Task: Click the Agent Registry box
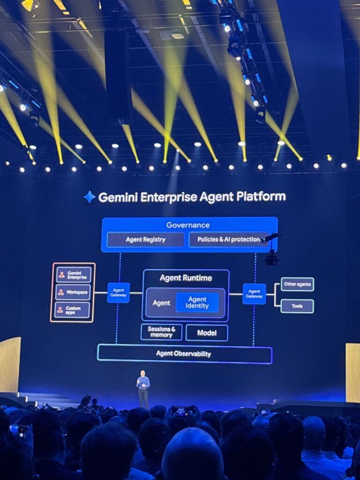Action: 145,240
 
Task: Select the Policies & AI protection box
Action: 228,240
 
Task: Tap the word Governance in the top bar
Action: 188,225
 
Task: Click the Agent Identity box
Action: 197,302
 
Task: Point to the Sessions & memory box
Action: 161,332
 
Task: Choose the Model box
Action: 207,333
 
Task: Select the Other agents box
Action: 297,284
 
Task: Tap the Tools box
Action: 297,306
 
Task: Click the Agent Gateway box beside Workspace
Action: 119,293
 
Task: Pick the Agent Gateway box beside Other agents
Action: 254,293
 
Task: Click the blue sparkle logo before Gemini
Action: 89,197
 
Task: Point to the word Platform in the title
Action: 263,197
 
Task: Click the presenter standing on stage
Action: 143,388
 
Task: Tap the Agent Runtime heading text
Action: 186,278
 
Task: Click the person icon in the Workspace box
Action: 61,292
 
